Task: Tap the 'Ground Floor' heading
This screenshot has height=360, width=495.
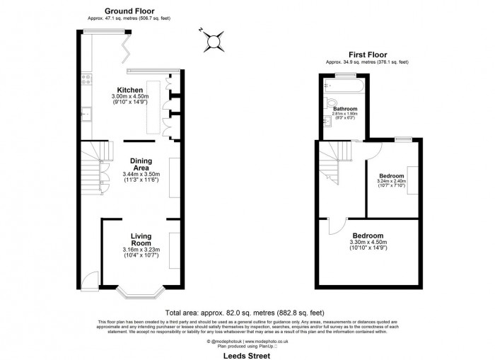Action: click(x=129, y=11)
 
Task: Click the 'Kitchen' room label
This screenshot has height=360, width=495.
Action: click(x=132, y=91)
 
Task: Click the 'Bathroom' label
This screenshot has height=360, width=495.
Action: click(x=345, y=109)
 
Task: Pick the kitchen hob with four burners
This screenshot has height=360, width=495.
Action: click(x=86, y=79)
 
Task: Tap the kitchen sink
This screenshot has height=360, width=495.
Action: click(x=86, y=112)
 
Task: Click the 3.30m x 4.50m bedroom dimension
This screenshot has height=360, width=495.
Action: click(x=368, y=243)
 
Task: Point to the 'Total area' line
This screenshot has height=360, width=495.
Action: click(x=245, y=312)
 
